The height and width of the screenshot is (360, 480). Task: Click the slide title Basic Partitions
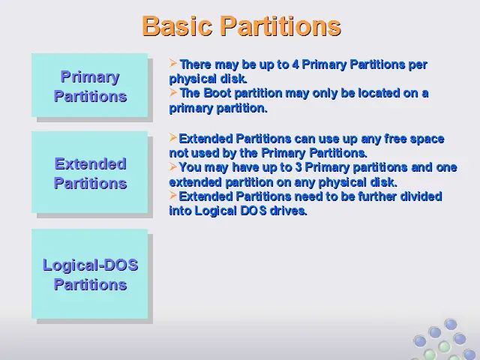click(x=241, y=26)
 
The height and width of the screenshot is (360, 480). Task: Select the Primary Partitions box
click(x=90, y=85)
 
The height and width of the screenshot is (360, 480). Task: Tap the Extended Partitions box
click(x=90, y=172)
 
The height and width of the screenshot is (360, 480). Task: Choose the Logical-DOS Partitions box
click(x=90, y=274)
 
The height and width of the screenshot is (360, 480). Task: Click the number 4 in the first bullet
click(x=295, y=64)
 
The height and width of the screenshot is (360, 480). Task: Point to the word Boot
click(x=217, y=93)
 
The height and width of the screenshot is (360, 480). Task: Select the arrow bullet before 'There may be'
click(x=173, y=63)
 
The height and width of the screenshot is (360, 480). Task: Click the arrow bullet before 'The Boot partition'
click(x=173, y=92)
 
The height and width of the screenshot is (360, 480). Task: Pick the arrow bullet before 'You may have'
click(x=173, y=166)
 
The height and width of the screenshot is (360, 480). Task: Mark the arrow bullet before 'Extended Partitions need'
click(x=173, y=195)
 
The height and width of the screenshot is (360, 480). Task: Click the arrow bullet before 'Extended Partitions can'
click(x=173, y=138)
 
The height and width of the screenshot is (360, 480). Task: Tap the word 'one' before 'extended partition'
click(x=448, y=168)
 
